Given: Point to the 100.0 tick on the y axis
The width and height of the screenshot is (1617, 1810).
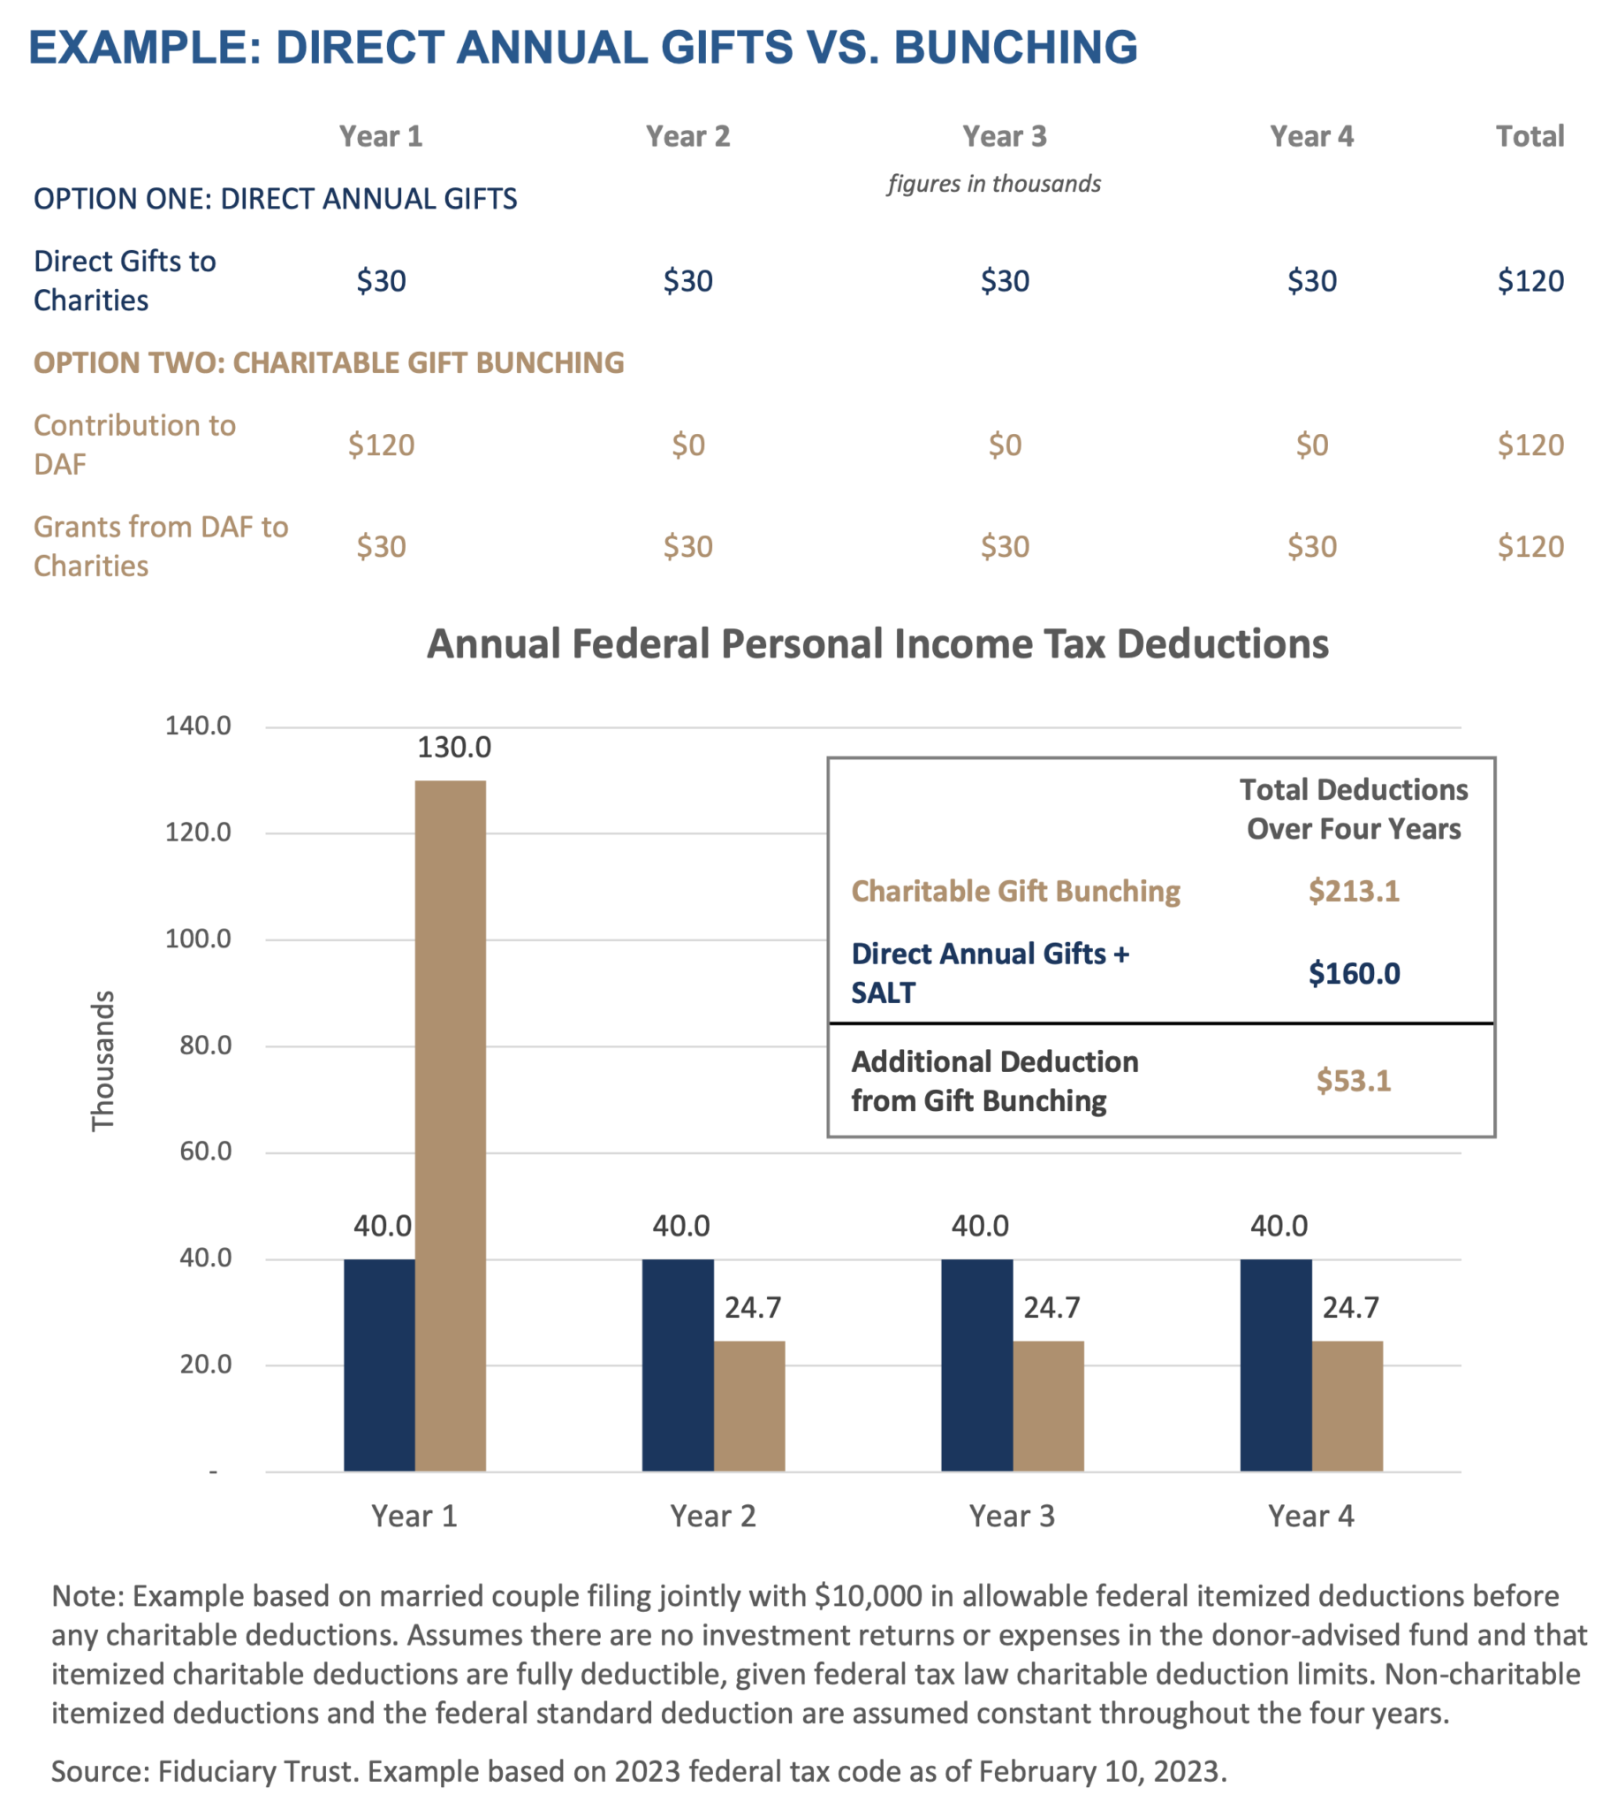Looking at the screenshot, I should click(197, 939).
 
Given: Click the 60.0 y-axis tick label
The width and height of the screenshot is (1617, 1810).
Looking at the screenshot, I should click(205, 1152).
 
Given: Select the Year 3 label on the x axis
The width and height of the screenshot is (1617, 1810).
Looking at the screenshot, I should click(1011, 1516).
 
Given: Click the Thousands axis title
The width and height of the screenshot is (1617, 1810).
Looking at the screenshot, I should click(104, 1061).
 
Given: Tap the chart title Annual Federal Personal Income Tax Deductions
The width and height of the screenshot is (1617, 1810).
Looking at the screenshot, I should click(877, 644).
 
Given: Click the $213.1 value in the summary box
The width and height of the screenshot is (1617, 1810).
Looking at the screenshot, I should click(1353, 890).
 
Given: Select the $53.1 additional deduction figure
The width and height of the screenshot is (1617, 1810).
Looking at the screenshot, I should click(1353, 1081).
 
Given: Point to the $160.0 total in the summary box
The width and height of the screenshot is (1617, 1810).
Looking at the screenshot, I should click(1353, 973).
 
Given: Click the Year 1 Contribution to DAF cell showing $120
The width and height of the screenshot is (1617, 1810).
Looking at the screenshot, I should click(381, 445).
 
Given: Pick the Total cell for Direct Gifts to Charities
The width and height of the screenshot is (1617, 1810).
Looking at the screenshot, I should click(1530, 281).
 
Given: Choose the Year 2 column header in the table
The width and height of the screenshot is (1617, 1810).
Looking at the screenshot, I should click(687, 136).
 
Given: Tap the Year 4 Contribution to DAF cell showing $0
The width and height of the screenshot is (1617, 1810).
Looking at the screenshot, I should click(1311, 445).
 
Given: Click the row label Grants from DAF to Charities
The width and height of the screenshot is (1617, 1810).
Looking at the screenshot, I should click(161, 545).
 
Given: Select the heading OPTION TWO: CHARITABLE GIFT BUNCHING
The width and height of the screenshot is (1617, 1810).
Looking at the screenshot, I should click(329, 362).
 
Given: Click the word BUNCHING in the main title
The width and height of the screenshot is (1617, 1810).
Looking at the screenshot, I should click(1015, 47).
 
